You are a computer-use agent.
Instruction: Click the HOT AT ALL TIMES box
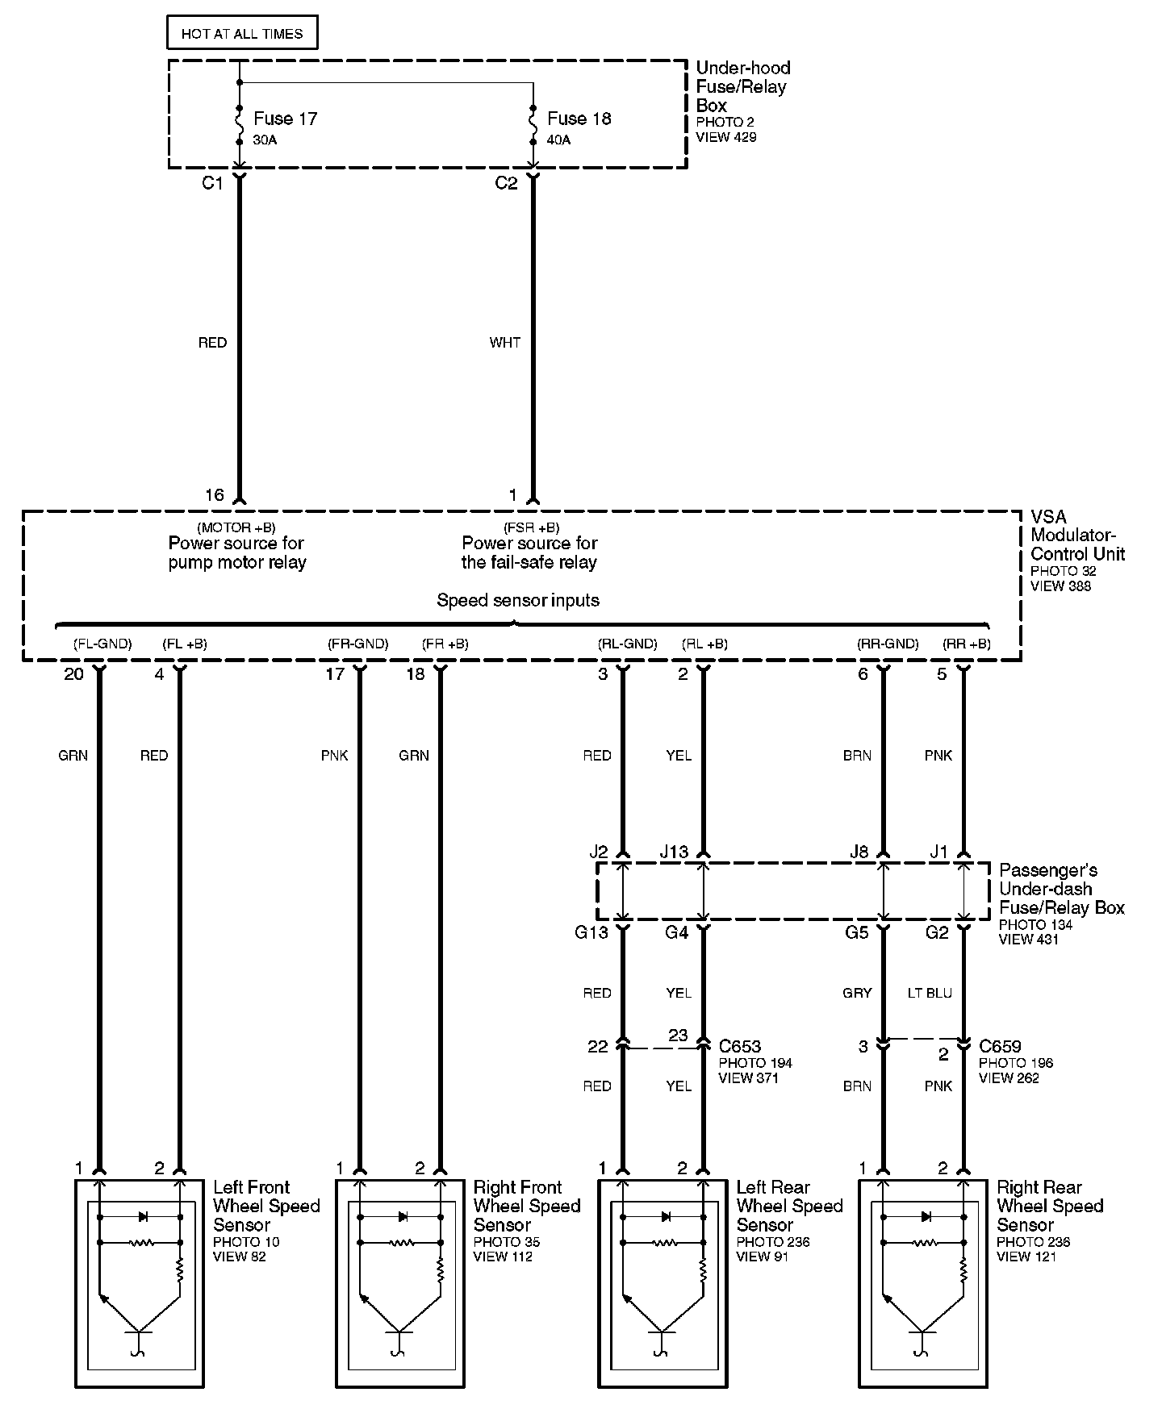pos(241,34)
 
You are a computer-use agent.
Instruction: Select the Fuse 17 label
pos(285,119)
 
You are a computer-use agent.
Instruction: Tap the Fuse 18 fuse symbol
pos(533,124)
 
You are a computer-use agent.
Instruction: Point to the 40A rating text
pos(558,140)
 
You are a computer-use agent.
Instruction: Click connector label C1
pos(211,184)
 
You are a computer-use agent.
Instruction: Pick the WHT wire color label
pos(505,343)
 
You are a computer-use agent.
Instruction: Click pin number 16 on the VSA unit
pos(214,495)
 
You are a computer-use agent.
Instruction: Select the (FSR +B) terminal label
pos(530,528)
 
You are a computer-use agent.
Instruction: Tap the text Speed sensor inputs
pos(518,600)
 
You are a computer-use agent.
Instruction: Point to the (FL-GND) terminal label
pos(102,644)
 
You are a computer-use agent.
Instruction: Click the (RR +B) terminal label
pos(967,644)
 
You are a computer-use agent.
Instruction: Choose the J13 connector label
pos(674,852)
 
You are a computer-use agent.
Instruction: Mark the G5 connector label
pos(856,933)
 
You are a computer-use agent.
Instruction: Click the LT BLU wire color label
pos(930,993)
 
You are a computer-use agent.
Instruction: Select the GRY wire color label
pos(857,993)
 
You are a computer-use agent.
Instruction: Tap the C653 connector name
pos(740,1047)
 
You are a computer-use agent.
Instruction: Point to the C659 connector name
pos(1000,1047)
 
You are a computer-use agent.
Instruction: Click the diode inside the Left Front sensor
pos(143,1216)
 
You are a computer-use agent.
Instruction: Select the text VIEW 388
pos(1060,586)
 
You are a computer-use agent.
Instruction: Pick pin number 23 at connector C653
pos(678,1035)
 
